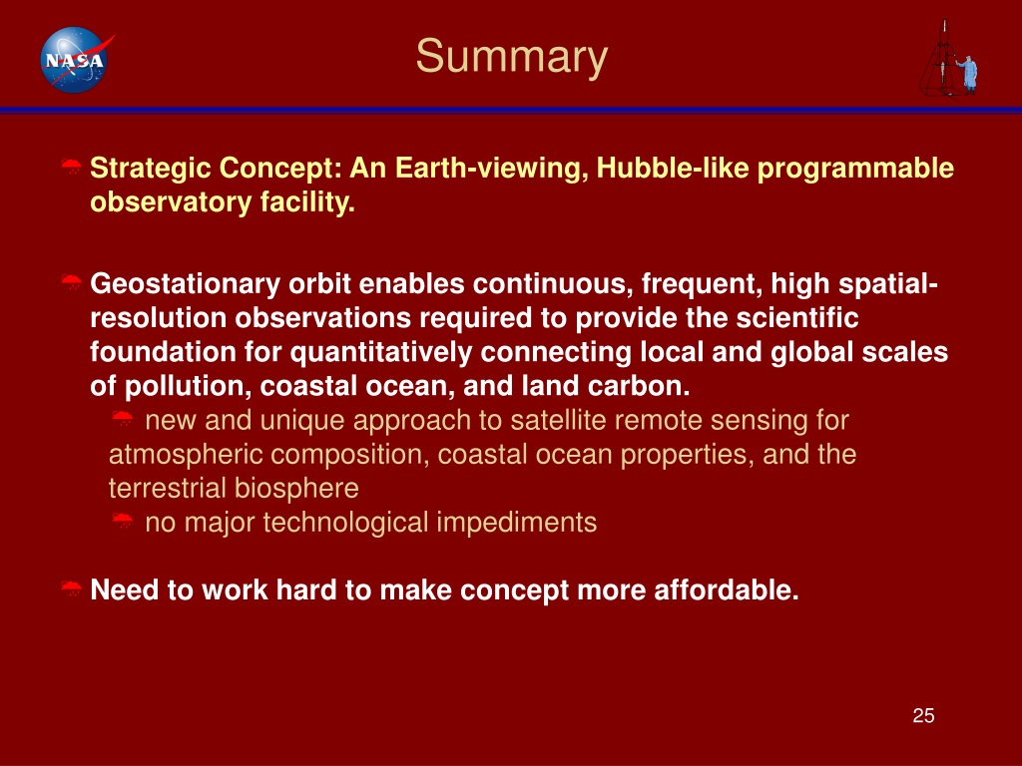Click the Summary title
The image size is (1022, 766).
click(x=512, y=57)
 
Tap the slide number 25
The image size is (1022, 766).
click(x=923, y=715)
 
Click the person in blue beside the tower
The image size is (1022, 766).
click(x=968, y=74)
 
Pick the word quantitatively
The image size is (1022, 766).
click(x=380, y=352)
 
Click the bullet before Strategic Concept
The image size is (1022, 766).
click(x=71, y=167)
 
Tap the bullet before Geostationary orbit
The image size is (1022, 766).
click(x=71, y=282)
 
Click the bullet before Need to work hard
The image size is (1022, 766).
click(x=71, y=588)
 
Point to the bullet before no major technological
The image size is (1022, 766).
click(x=123, y=521)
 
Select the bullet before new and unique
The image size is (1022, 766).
click(x=123, y=418)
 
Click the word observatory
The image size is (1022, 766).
click(x=171, y=201)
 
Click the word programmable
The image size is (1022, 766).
click(x=855, y=168)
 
